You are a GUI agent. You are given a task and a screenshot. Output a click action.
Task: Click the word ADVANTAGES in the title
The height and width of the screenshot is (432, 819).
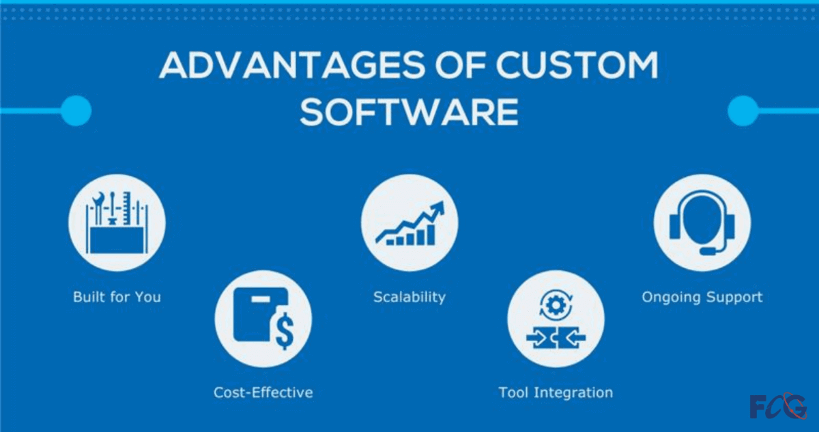292,66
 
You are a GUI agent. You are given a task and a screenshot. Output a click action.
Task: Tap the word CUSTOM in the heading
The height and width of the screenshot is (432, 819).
577,66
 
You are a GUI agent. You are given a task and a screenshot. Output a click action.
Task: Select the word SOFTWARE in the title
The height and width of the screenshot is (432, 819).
409,111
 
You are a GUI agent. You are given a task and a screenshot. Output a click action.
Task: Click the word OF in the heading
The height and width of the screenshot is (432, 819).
460,66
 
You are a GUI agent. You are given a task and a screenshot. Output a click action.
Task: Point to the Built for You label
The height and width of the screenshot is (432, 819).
117,297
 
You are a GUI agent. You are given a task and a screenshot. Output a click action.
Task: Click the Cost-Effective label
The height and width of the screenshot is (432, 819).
263,392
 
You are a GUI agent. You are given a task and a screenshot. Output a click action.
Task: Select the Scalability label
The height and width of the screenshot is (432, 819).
409,297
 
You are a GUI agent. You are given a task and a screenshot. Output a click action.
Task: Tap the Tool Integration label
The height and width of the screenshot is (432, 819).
556,392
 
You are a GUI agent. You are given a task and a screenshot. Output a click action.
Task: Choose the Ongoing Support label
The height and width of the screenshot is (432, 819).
702,297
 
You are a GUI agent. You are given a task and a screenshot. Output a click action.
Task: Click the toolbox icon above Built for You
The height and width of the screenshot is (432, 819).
117,222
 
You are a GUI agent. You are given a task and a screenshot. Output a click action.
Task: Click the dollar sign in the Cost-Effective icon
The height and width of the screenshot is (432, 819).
285,332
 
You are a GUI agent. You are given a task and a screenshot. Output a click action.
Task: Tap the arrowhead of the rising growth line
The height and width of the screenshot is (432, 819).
437,208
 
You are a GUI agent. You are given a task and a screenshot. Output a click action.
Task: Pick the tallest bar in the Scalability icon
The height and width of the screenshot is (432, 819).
431,235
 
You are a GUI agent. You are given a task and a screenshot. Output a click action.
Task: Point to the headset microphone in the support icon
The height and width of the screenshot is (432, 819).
708,251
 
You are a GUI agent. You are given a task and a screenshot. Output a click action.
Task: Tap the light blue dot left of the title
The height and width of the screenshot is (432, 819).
76,111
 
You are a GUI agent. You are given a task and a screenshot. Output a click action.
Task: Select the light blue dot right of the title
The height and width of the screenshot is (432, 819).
743,111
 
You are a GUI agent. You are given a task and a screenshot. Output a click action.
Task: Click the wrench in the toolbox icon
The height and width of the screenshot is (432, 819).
98,208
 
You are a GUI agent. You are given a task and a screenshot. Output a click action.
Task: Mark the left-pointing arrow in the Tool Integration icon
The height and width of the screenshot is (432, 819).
575,338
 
